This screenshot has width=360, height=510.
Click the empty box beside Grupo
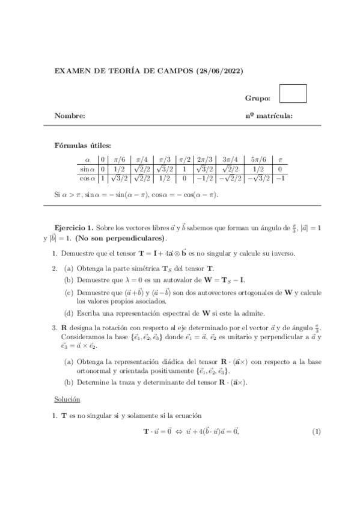293,94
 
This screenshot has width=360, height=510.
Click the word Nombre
70,115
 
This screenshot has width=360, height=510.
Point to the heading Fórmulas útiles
83,145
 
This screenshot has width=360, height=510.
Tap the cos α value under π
279,179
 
